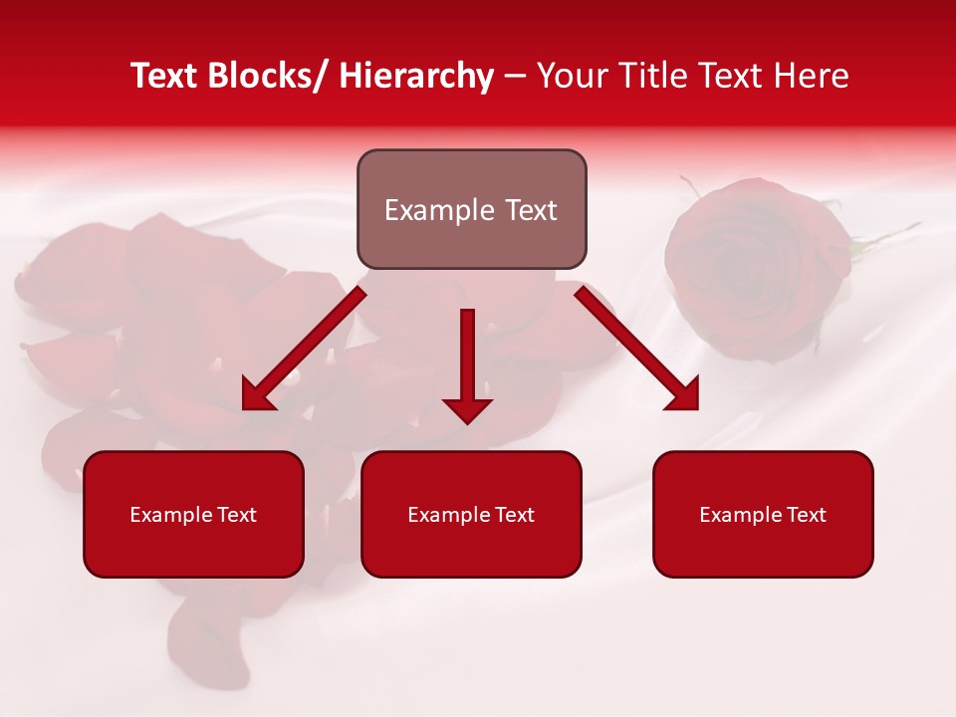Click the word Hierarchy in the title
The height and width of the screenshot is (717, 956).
[x=416, y=76]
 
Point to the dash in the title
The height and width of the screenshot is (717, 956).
[x=515, y=76]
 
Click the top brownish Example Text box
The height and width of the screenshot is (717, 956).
[x=471, y=210]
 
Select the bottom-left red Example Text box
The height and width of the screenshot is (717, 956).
[x=193, y=515]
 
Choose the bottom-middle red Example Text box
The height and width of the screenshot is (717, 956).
[x=471, y=515]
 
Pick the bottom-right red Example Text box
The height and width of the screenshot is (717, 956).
[x=763, y=515]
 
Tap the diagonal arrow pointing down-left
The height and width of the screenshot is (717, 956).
[x=305, y=348]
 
